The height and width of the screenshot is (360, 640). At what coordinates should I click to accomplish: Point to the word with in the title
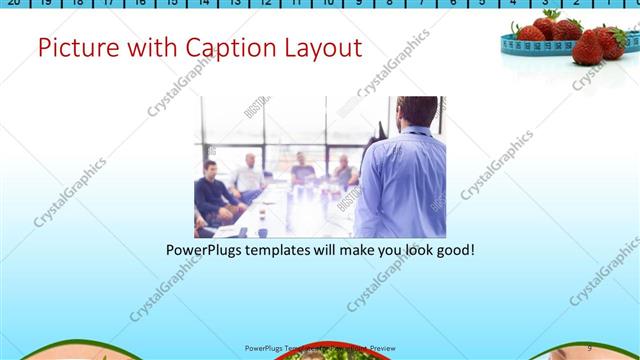coord(149,47)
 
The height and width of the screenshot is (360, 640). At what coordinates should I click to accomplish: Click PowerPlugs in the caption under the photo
coord(206,249)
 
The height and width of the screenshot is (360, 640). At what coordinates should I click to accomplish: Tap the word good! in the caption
coord(454,249)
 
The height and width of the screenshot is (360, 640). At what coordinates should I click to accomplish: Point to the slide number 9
coord(589,348)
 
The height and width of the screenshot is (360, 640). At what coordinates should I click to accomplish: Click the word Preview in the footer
coord(388,348)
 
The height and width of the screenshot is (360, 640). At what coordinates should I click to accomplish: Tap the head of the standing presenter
coord(417,112)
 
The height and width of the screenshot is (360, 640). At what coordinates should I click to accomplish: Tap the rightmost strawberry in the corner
coord(611,40)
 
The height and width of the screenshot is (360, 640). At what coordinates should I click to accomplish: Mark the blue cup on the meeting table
coord(262,232)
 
